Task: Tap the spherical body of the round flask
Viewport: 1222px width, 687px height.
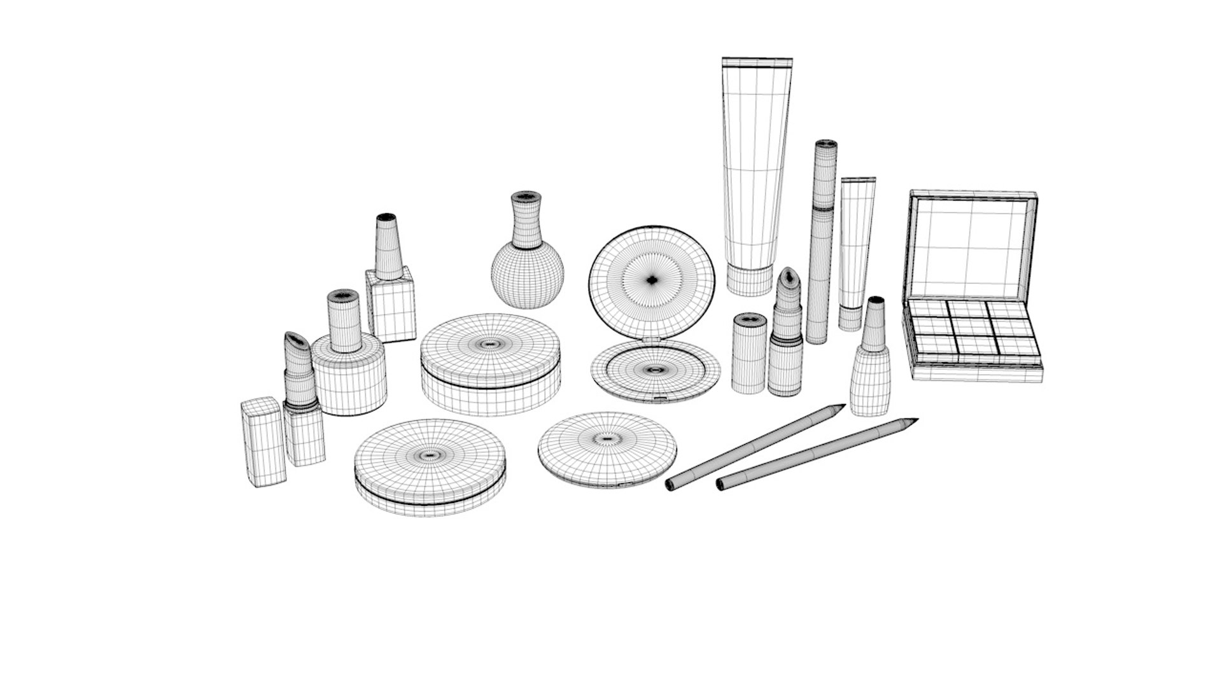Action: pos(528,275)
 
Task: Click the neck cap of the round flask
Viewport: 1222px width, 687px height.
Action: pos(526,219)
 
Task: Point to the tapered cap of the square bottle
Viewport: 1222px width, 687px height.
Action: pos(388,247)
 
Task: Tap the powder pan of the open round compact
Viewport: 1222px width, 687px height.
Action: pos(655,370)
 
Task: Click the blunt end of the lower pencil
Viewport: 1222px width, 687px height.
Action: pos(721,485)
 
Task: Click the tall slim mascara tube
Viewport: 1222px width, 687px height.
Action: pos(821,242)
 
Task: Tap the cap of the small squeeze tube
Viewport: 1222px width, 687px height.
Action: pos(850,317)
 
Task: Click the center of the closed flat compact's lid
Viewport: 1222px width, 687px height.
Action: pos(607,439)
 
